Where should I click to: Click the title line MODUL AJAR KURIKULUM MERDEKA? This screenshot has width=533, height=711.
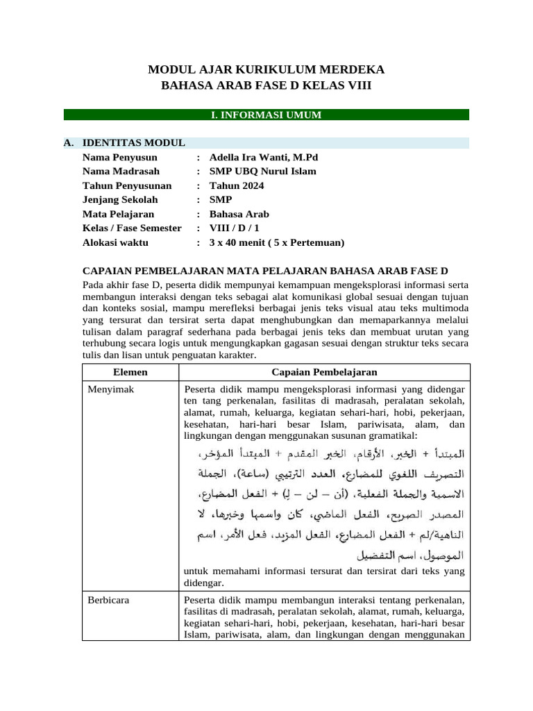(266, 69)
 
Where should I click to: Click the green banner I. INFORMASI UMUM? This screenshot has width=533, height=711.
(266, 115)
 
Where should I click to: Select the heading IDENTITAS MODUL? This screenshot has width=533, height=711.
(133, 143)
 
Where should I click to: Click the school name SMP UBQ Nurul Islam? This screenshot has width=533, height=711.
(262, 172)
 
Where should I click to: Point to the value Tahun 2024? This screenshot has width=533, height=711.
(237, 186)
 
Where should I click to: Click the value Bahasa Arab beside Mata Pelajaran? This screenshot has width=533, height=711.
(239, 215)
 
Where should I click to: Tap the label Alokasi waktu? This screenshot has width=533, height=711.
(115, 243)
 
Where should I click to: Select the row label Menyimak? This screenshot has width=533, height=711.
(111, 390)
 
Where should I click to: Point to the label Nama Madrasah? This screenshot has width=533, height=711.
(121, 172)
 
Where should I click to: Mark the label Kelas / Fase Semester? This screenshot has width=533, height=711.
(132, 228)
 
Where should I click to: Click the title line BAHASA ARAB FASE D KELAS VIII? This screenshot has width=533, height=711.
(266, 85)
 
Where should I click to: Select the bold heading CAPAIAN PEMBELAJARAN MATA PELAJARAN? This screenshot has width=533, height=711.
(265, 271)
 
